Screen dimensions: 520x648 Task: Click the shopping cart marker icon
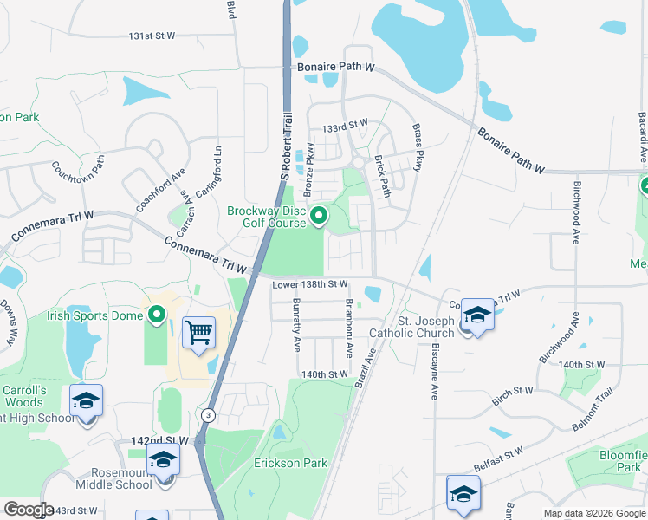coord(199,331)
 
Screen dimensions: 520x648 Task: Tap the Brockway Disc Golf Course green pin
coord(319,216)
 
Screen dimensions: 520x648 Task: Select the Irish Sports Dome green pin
coord(157,315)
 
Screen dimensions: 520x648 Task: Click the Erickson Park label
coord(291,463)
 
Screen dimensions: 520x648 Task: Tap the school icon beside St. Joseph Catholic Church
coord(476,315)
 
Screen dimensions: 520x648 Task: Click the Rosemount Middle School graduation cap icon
coord(162,462)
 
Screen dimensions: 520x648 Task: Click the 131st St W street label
coord(152,36)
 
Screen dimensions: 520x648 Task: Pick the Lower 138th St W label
coord(310,284)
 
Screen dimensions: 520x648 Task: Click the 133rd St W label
coord(344,127)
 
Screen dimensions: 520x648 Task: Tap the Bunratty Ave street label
coord(296,325)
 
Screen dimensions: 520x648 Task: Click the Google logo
coord(29,510)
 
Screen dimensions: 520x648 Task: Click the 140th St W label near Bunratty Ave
coord(324,374)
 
